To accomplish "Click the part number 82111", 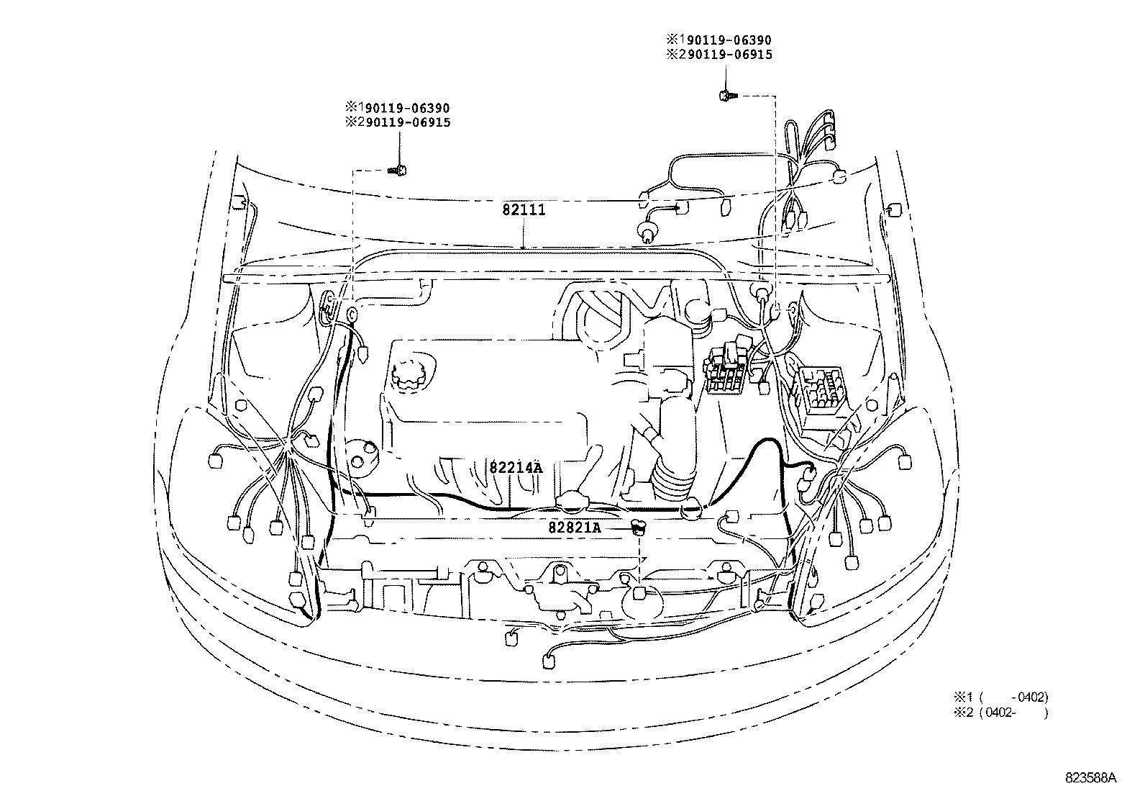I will click(x=524, y=210).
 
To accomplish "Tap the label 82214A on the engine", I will click(x=515, y=466).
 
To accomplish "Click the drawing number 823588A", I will click(x=1091, y=778).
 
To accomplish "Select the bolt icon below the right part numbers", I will click(x=726, y=94).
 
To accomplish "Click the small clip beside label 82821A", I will click(x=637, y=528).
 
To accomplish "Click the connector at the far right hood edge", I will click(x=895, y=209).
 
